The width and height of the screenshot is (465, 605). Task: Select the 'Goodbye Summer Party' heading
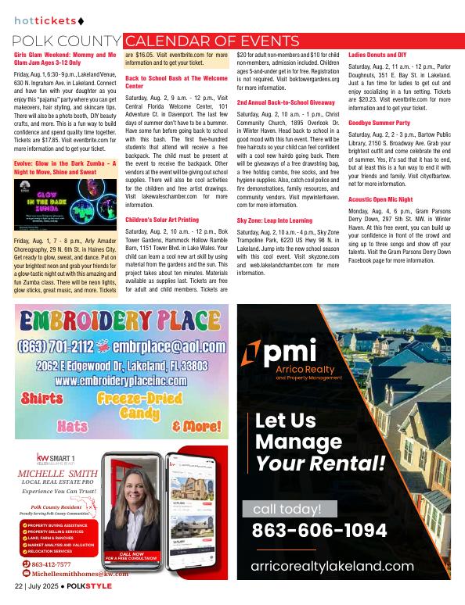pyautogui.click(x=378, y=123)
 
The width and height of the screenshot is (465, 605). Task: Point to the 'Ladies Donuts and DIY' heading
pyautogui.click(x=377, y=55)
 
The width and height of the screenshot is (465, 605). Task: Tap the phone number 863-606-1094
pyautogui.click(x=320, y=531)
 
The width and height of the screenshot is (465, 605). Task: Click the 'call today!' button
pyautogui.click(x=294, y=510)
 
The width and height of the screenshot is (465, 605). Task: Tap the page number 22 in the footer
pyautogui.click(x=18, y=585)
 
